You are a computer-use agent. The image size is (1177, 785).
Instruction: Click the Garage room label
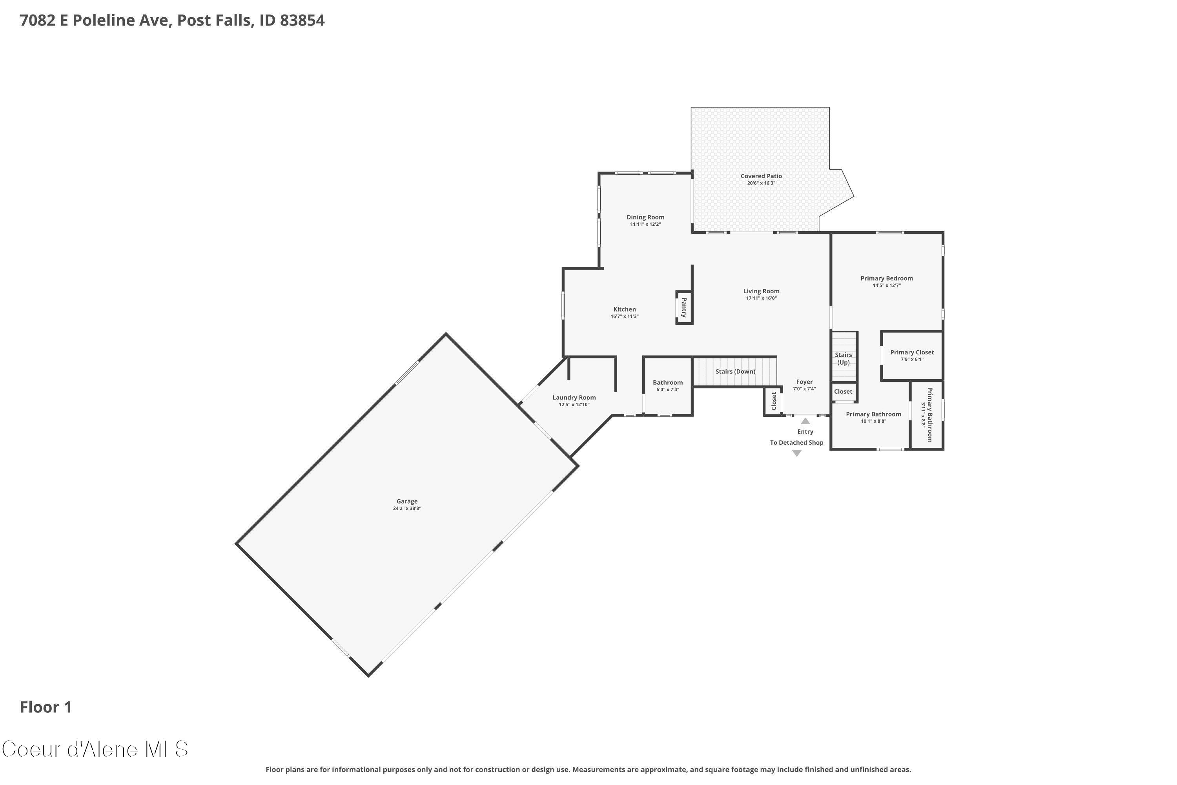407,501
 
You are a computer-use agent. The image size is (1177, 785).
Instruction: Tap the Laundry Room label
574,398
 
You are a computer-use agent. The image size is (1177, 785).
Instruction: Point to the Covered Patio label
761,176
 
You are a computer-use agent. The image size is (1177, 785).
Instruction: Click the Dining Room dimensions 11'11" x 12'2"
645,224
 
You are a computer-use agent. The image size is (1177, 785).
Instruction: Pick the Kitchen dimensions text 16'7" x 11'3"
625,316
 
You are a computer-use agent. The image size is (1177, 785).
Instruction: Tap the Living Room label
761,291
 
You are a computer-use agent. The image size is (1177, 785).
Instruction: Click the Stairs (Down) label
735,371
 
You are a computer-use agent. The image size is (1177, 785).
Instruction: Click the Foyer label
804,382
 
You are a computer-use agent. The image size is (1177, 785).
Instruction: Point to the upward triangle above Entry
805,421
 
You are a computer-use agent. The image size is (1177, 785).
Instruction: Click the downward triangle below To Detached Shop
797,453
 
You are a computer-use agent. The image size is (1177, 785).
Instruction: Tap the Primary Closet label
912,352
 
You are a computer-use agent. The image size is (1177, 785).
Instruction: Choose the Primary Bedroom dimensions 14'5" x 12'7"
887,285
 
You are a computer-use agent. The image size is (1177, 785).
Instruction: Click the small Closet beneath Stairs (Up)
843,391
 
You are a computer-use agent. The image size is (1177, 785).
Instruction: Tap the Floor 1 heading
46,707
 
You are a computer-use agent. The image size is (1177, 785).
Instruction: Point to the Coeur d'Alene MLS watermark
95,749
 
